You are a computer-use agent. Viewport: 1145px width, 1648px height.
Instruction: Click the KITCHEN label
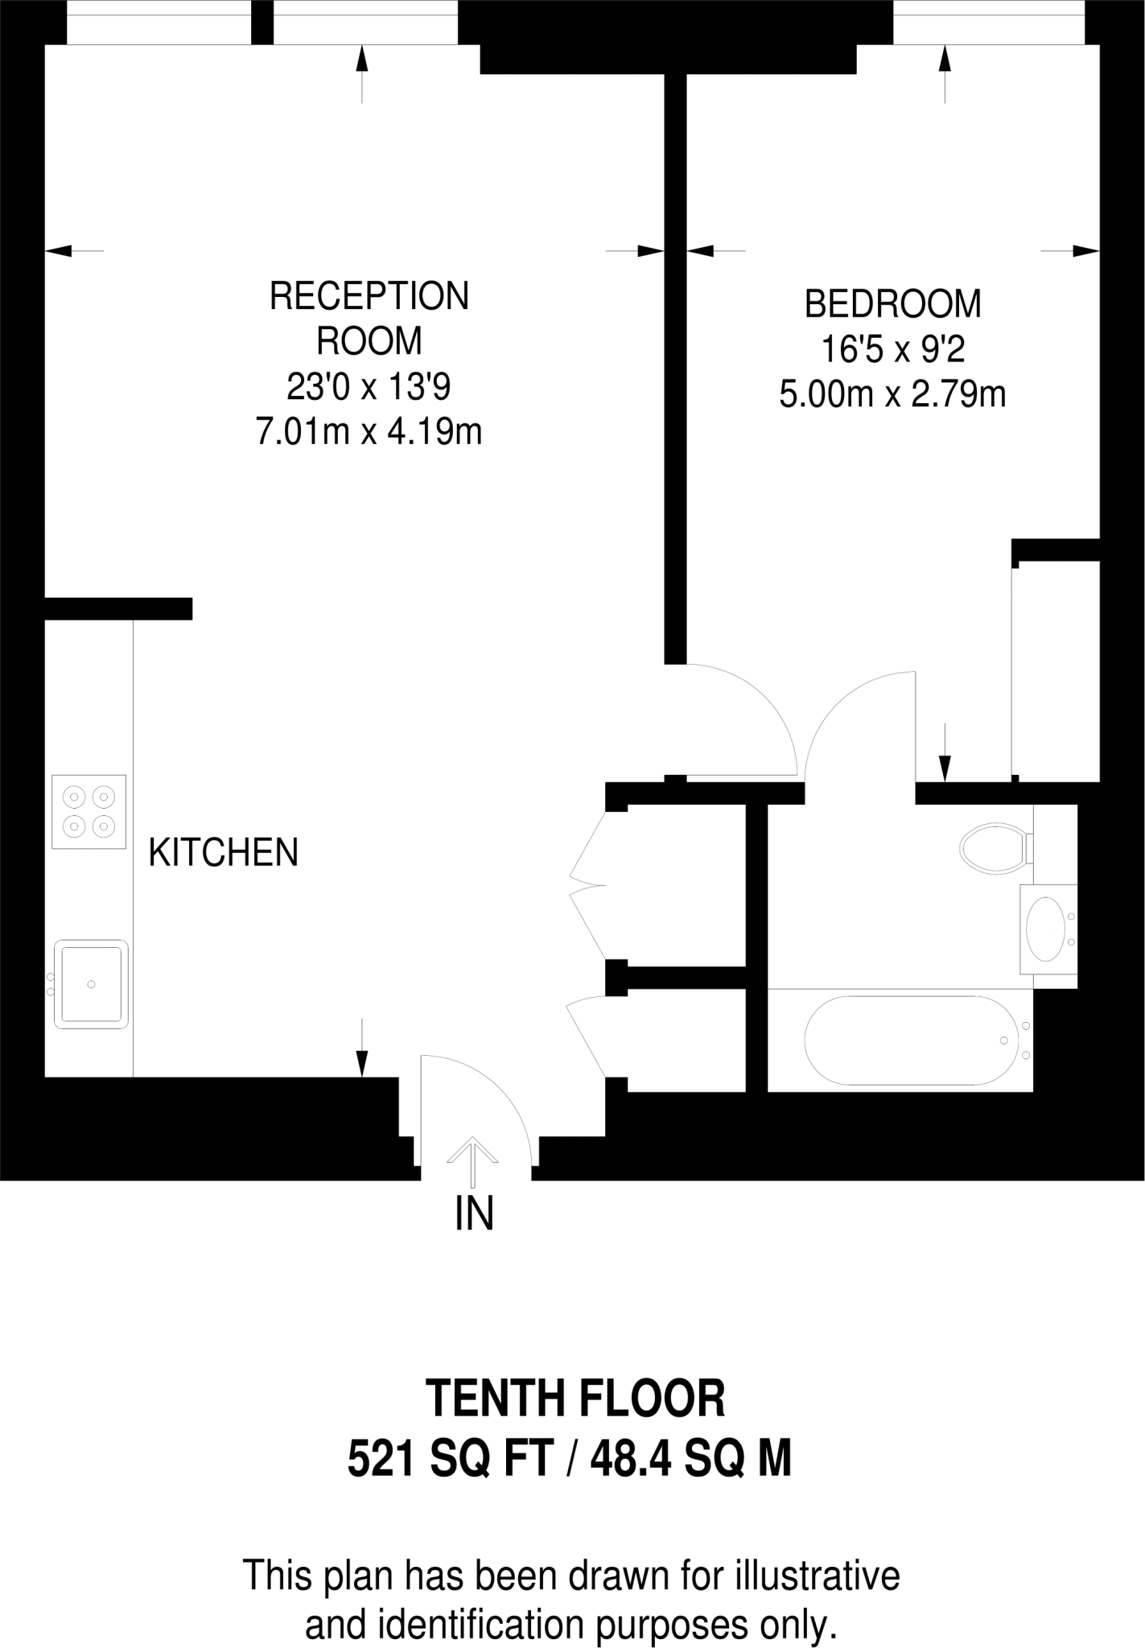[224, 853]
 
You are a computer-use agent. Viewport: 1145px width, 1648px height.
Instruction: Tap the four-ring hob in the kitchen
[89, 811]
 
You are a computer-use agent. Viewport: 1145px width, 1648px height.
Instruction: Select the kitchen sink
[91, 983]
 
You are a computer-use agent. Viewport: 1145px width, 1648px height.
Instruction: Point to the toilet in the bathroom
[996, 847]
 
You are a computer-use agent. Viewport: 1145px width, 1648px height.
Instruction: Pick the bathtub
[906, 1040]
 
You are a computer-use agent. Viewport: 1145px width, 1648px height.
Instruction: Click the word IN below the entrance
[474, 1214]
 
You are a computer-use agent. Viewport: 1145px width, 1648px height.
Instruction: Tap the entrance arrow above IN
[473, 1160]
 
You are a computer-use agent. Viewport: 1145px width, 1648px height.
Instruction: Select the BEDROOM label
[892, 304]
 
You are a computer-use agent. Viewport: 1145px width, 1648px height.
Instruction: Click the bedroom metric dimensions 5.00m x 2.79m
[892, 395]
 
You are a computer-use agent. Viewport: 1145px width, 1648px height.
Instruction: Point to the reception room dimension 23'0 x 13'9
[369, 388]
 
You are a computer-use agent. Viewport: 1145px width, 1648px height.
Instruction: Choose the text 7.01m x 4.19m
[369, 433]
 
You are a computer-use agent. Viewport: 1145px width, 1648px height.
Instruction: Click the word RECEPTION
[369, 296]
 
